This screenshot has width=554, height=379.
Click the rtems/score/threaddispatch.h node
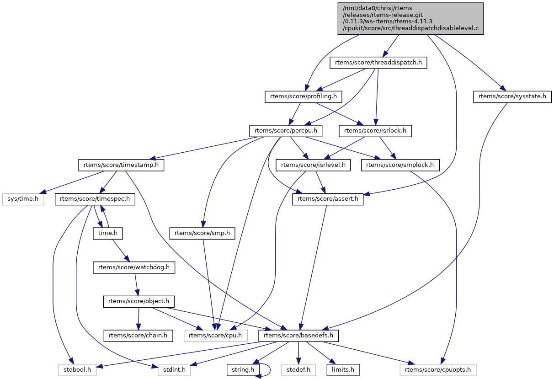pyautogui.click(x=378, y=63)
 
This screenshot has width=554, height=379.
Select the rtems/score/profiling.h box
pyautogui.click(x=304, y=96)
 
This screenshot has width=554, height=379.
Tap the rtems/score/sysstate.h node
pyautogui.click(x=512, y=96)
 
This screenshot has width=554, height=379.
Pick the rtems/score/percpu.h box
pyautogui.click(x=286, y=131)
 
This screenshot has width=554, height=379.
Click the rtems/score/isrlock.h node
pyautogui.click(x=375, y=131)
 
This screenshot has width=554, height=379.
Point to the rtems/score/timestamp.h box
pyautogui.click(x=121, y=165)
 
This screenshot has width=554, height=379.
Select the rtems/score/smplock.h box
pyautogui.click(x=400, y=165)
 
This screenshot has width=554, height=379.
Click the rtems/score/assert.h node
pyautogui.click(x=328, y=199)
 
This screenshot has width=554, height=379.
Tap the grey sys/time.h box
pyautogui.click(x=23, y=199)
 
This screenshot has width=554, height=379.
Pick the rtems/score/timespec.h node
pyautogui.click(x=95, y=199)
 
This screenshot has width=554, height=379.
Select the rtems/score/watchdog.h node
pyautogui.click(x=134, y=267)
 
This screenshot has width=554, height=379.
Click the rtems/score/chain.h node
pyautogui.click(x=138, y=336)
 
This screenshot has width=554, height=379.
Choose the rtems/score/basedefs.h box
pyautogui.click(x=299, y=336)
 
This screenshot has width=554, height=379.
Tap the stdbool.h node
pyautogui.click(x=77, y=369)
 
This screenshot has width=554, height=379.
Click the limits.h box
pyautogui.click(x=343, y=369)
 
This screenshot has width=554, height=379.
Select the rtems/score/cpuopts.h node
pyautogui.click(x=438, y=369)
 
